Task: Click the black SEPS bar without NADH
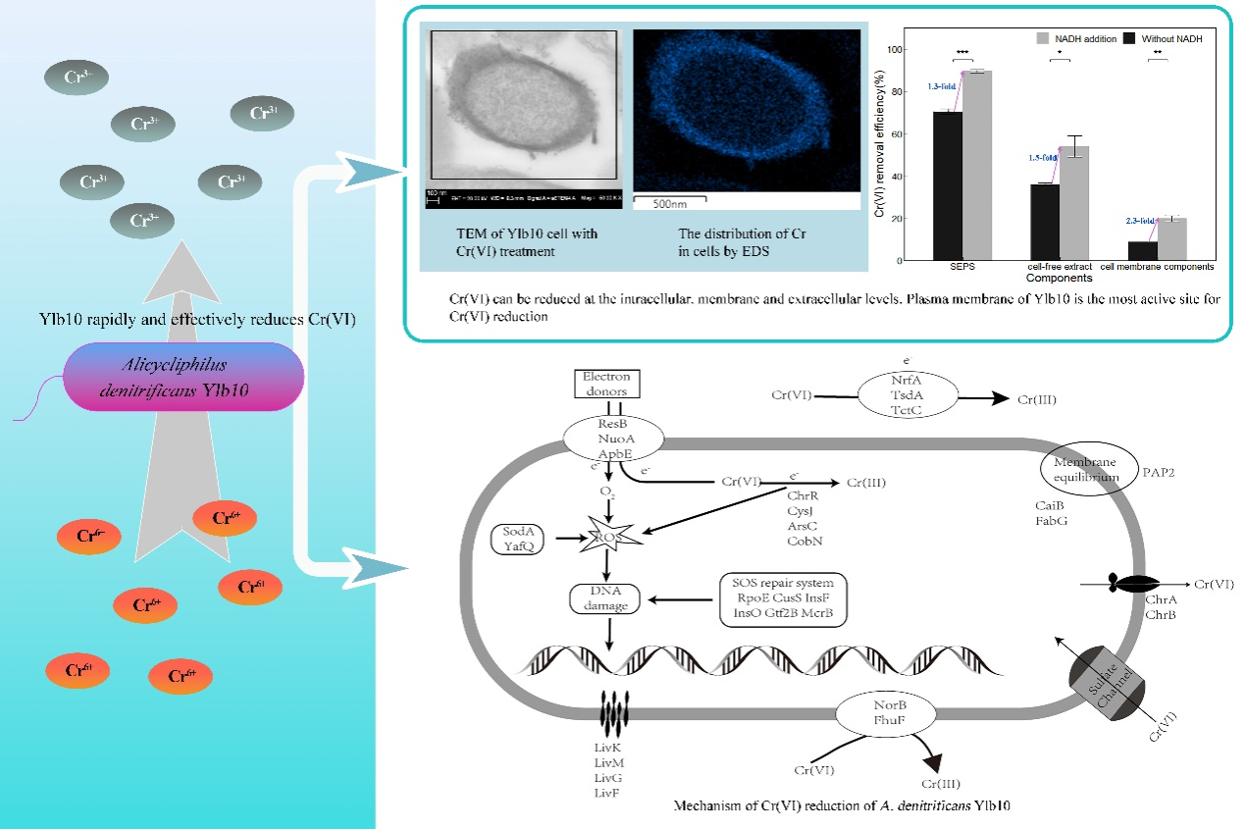947,185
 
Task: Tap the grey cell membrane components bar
1172,238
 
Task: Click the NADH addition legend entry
1074,38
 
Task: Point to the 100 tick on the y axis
893,49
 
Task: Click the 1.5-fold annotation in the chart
1041,157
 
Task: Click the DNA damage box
605,599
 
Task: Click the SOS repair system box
782,597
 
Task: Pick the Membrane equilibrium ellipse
1086,471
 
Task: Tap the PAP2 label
1159,472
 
